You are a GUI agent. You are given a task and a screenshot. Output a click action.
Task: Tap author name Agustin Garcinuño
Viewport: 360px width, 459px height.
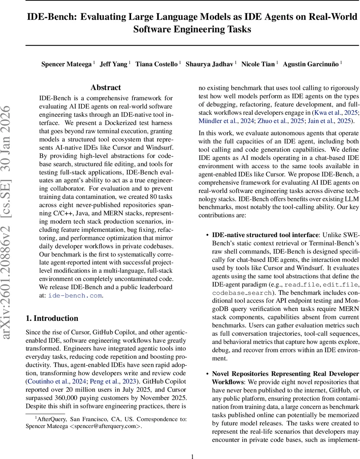tap(310, 64)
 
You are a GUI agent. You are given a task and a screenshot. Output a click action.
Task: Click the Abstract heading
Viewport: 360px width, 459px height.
tap(105, 88)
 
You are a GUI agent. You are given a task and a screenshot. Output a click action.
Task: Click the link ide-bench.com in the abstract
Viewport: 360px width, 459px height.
tap(75, 295)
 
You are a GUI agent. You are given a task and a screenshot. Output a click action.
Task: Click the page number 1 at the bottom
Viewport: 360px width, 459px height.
tap(193, 446)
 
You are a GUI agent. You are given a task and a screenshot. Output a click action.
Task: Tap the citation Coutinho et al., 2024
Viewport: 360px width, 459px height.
tap(56, 381)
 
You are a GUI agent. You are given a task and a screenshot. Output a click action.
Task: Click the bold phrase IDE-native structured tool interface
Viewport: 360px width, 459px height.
tap(265, 235)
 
